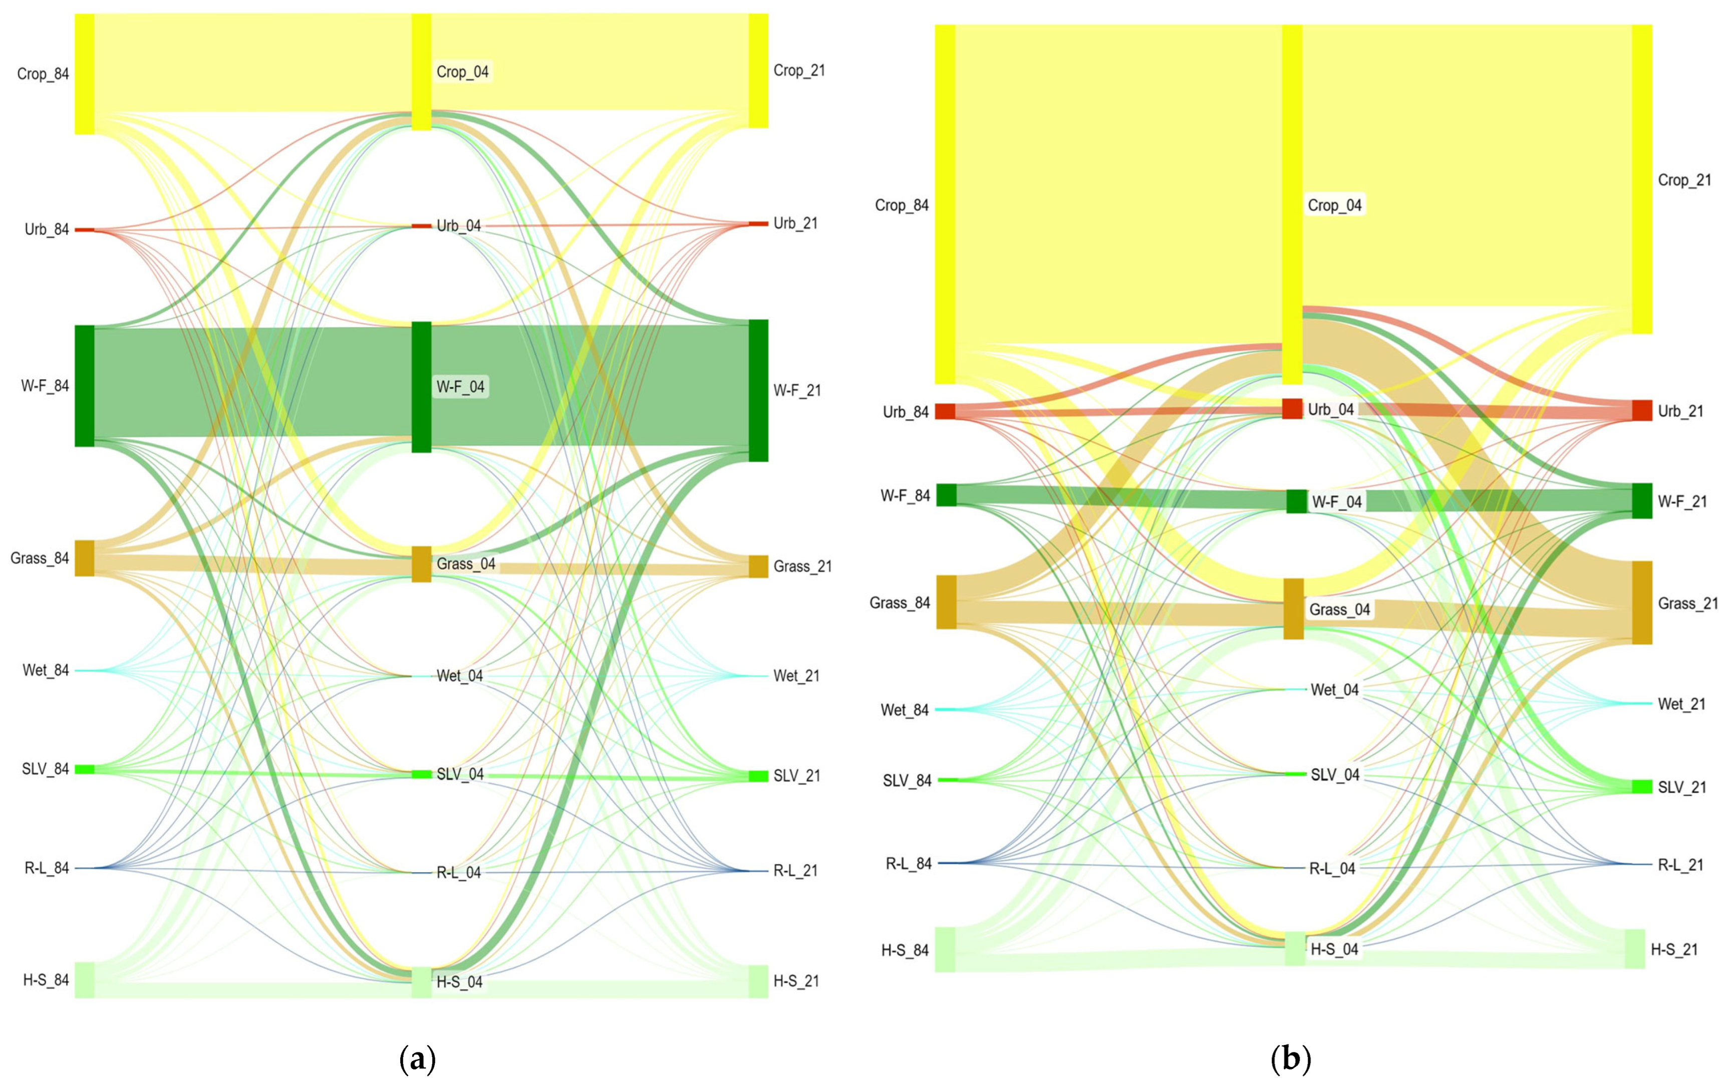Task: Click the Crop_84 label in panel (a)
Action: [43, 74]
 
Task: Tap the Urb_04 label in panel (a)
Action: [458, 225]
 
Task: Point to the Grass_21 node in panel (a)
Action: [758, 566]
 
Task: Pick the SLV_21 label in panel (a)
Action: [797, 776]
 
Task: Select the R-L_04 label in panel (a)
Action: [458, 873]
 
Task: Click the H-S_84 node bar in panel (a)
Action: [85, 979]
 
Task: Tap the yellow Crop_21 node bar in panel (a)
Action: [758, 70]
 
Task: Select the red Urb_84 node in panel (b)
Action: [945, 411]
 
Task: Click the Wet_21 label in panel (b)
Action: [1681, 704]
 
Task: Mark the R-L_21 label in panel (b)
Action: [1680, 865]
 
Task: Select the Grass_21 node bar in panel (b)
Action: [1641, 603]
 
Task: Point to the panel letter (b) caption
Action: [1290, 1058]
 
